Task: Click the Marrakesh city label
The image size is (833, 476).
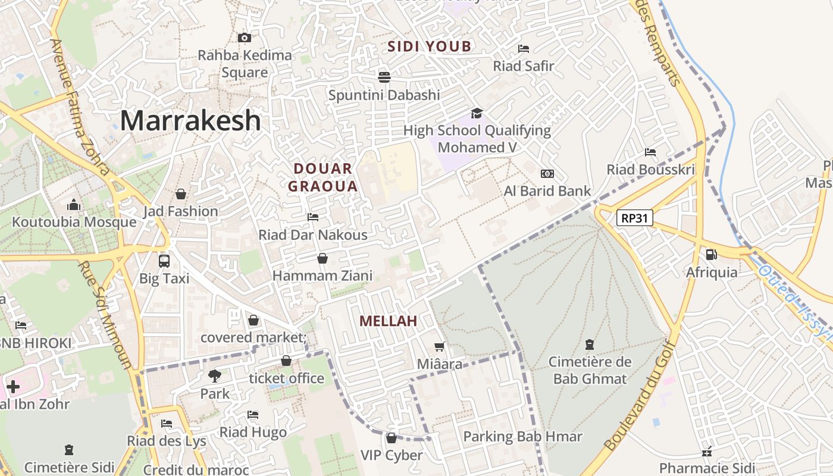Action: click(x=190, y=121)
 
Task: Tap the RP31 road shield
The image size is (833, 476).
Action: click(x=634, y=218)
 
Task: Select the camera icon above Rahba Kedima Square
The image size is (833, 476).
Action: click(x=244, y=37)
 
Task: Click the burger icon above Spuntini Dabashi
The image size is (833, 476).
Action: click(x=384, y=77)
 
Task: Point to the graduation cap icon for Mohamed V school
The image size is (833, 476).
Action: click(x=477, y=113)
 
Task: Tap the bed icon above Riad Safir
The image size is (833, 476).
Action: click(x=524, y=48)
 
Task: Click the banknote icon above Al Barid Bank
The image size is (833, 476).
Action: click(x=547, y=174)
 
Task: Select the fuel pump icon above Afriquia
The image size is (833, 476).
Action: click(x=711, y=255)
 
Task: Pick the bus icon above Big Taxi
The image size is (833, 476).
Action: click(x=164, y=261)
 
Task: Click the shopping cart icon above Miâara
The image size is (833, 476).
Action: click(x=440, y=346)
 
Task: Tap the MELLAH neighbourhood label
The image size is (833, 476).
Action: click(x=388, y=321)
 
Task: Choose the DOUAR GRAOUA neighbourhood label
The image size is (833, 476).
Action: click(x=323, y=177)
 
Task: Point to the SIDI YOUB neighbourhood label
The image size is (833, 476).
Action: click(x=430, y=46)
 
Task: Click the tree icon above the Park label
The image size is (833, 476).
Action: click(x=214, y=375)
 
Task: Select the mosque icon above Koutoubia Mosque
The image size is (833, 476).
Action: click(x=74, y=205)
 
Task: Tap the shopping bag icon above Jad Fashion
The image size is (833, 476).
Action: click(x=181, y=194)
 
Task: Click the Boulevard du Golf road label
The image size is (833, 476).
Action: click(x=640, y=396)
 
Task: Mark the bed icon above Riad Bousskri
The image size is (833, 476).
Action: click(x=650, y=152)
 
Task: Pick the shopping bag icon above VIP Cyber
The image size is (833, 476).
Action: click(x=392, y=438)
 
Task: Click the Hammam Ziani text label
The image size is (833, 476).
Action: click(x=322, y=275)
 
